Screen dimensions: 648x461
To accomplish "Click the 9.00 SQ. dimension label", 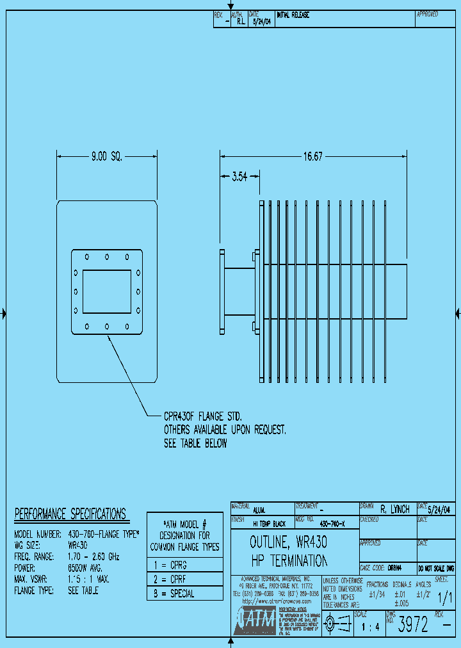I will coord(106,156).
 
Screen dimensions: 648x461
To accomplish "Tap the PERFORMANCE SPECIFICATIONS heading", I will coord(70,514).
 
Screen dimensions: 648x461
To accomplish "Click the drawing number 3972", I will coord(414,626).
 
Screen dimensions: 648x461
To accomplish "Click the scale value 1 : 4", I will coord(371,627).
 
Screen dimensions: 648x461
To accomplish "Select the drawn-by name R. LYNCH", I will coord(395,510).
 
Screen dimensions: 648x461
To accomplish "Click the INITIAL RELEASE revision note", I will coord(293,15).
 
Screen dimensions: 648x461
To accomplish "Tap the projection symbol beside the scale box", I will coord(337,622).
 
